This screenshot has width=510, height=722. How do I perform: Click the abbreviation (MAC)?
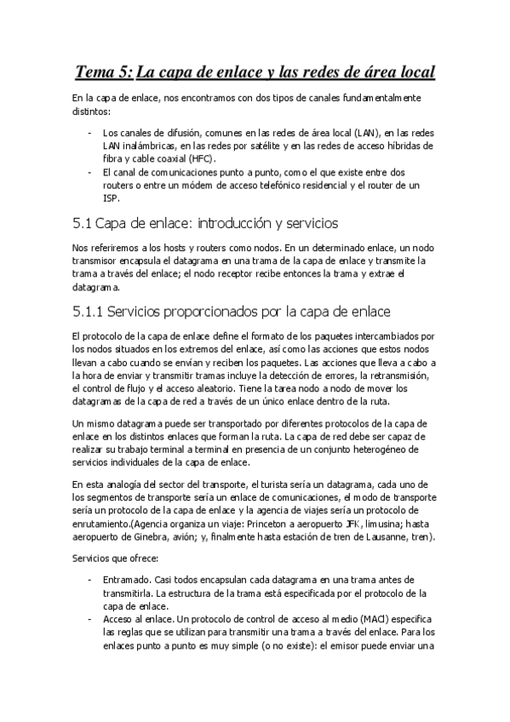345,621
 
